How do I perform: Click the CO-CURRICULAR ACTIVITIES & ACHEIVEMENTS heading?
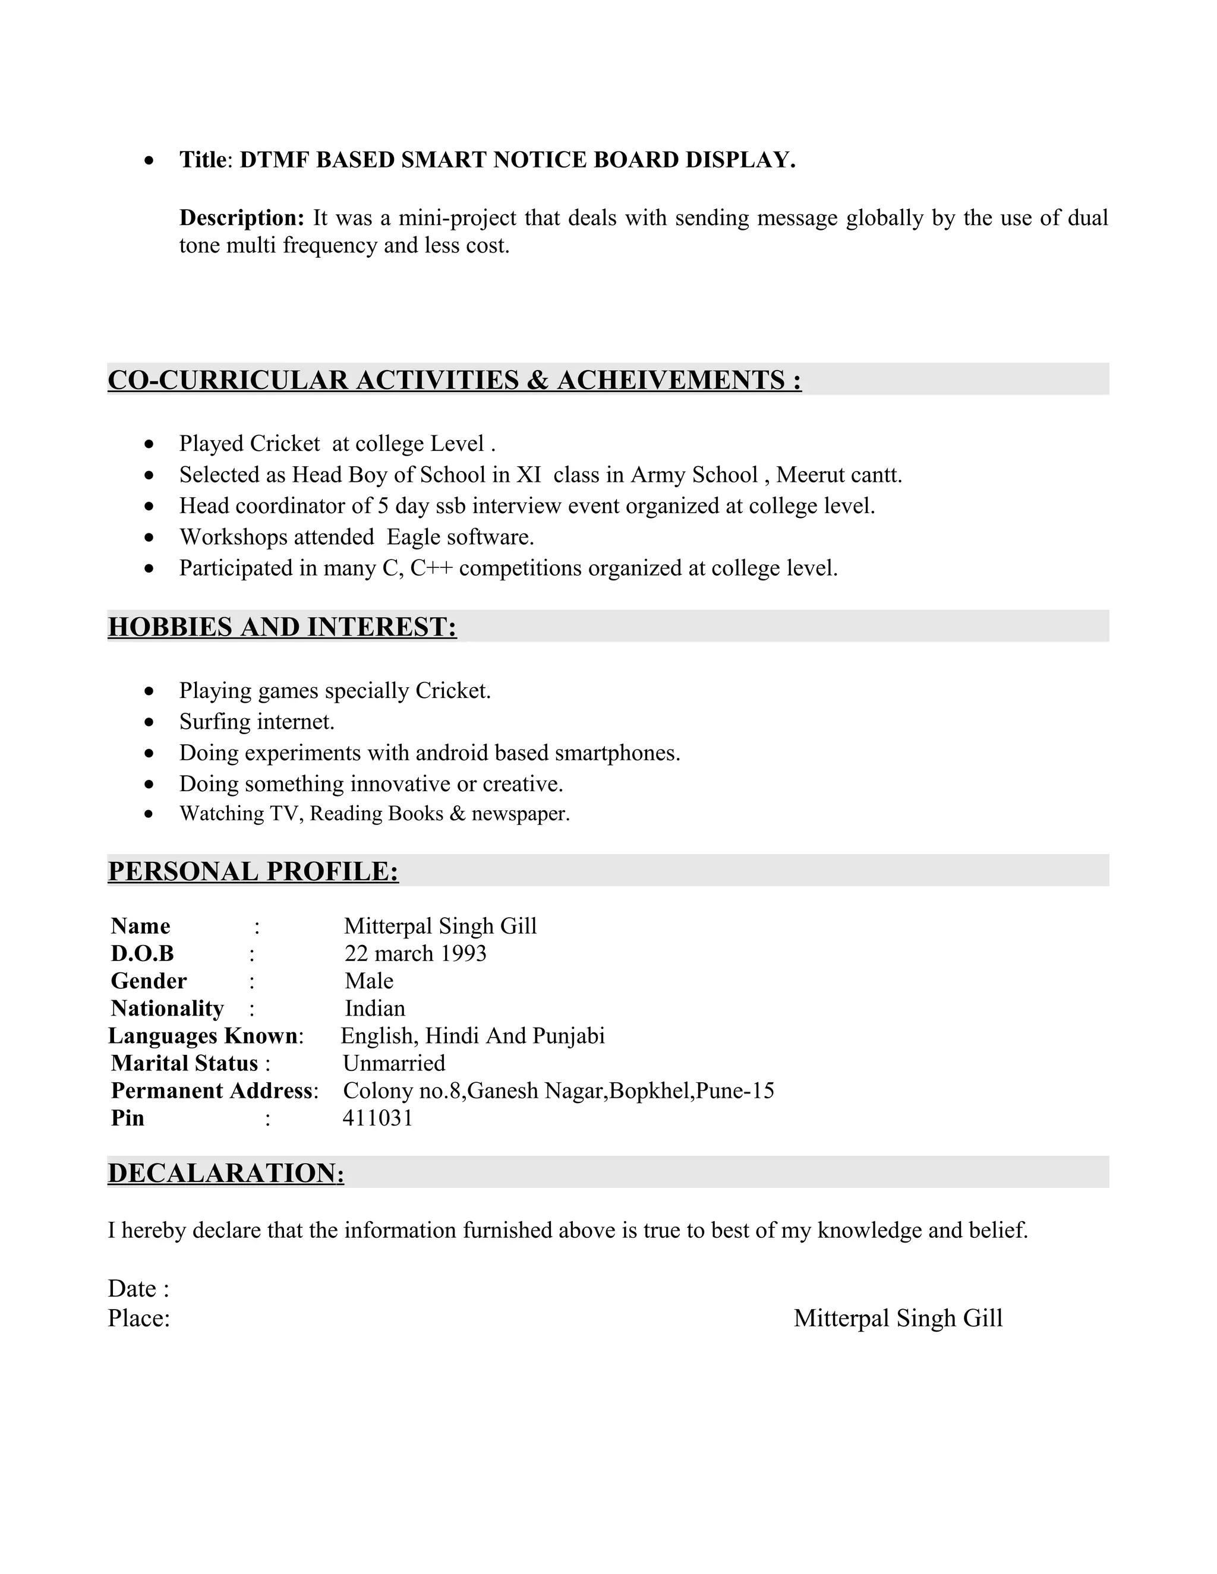454,380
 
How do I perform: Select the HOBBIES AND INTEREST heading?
282,627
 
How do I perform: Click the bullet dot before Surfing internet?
149,722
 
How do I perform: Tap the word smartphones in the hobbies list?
617,753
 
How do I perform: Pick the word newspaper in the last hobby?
520,814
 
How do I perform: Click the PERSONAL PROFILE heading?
253,871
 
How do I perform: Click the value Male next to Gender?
368,981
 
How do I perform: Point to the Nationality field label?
167,1009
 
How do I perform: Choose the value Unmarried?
393,1063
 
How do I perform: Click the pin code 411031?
377,1118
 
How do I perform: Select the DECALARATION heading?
226,1173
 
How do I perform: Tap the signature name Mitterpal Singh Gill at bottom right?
898,1318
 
